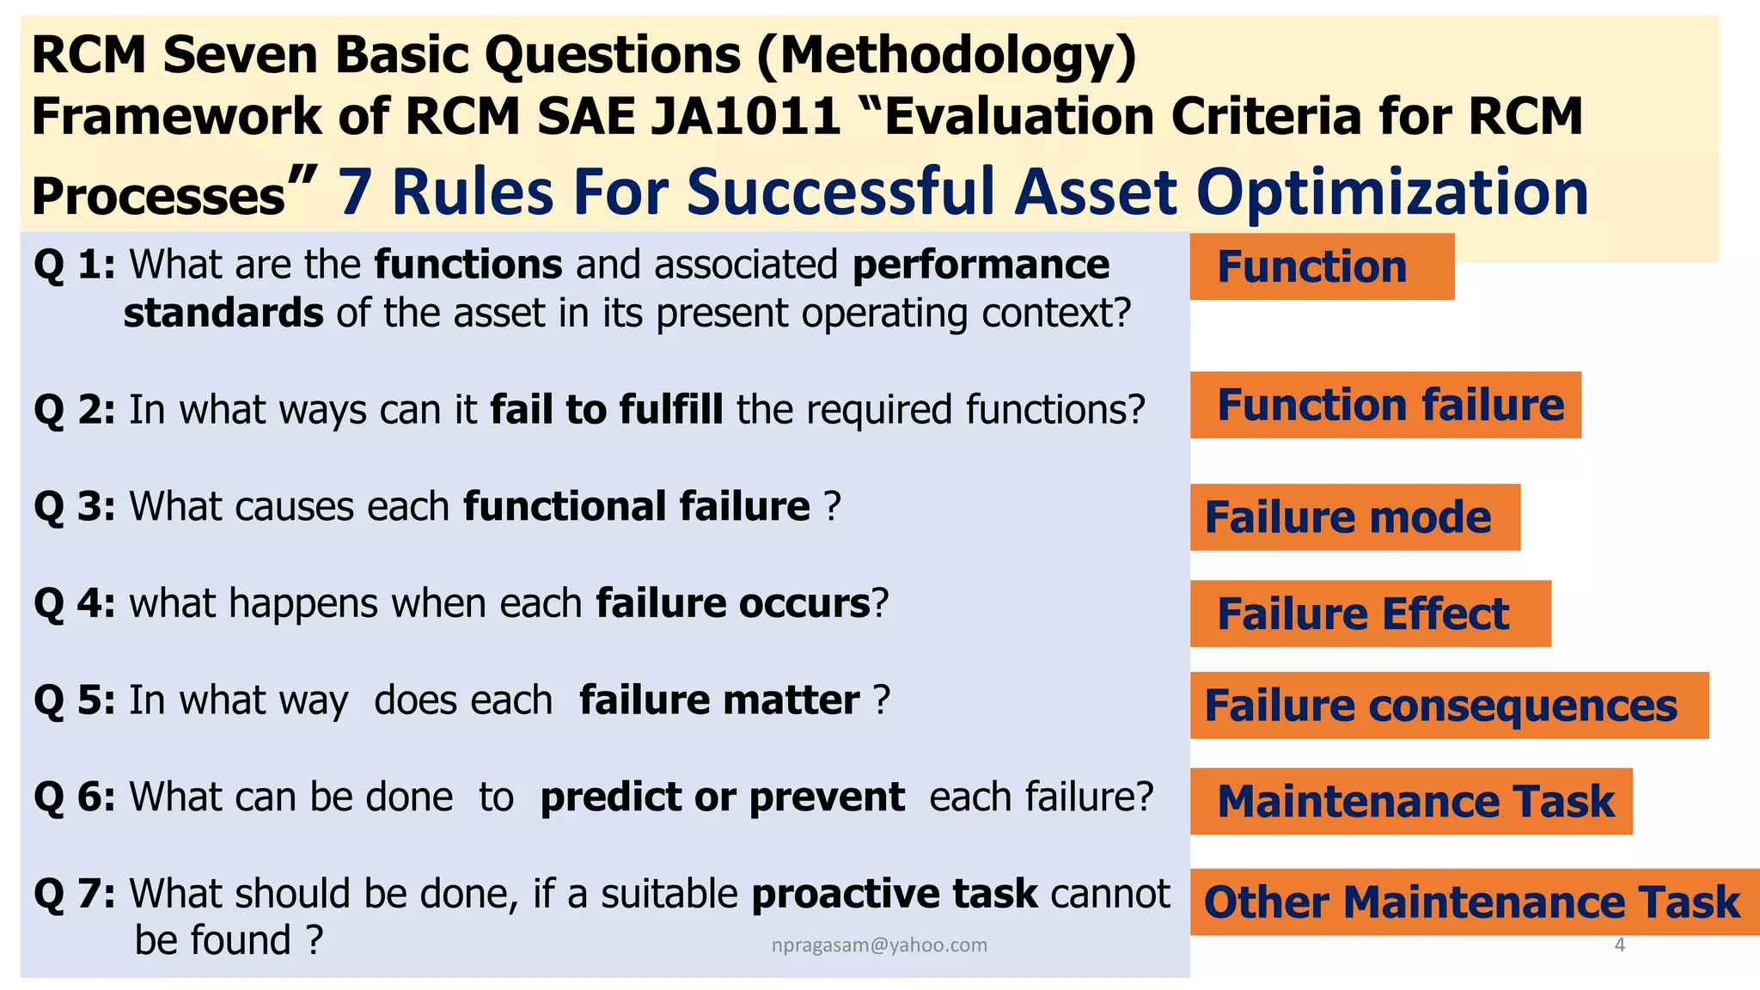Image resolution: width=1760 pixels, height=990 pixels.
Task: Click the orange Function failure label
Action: [x=1385, y=405]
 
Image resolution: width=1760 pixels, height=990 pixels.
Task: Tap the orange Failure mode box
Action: [x=1354, y=517]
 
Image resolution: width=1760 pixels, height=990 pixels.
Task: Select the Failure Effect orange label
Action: [x=1370, y=614]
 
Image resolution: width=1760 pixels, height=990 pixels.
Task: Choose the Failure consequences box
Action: [x=1449, y=706]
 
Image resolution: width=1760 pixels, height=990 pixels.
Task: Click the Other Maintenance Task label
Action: [x=1473, y=902]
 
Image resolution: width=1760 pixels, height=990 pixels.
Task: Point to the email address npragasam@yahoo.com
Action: [x=879, y=945]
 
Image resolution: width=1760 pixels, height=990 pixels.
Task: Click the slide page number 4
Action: [x=1620, y=945]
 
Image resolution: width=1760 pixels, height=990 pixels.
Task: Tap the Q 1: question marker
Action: [x=75, y=265]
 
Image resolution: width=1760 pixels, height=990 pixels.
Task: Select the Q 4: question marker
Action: [x=75, y=603]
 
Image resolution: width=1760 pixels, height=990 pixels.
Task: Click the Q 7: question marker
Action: [x=75, y=894]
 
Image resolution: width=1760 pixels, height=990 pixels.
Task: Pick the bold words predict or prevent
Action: [x=722, y=797]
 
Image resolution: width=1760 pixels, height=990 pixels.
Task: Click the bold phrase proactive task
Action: [x=894, y=894]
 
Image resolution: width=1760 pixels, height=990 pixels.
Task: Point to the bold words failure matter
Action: [x=719, y=700]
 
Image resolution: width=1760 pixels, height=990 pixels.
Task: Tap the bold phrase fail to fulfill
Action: [x=607, y=410]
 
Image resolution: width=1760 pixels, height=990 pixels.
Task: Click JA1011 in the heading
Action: [x=744, y=116]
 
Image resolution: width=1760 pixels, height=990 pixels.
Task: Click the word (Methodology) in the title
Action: [x=947, y=54]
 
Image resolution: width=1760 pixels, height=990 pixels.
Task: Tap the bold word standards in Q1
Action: [x=223, y=314]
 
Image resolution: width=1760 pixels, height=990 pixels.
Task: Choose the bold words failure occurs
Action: [x=733, y=603]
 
